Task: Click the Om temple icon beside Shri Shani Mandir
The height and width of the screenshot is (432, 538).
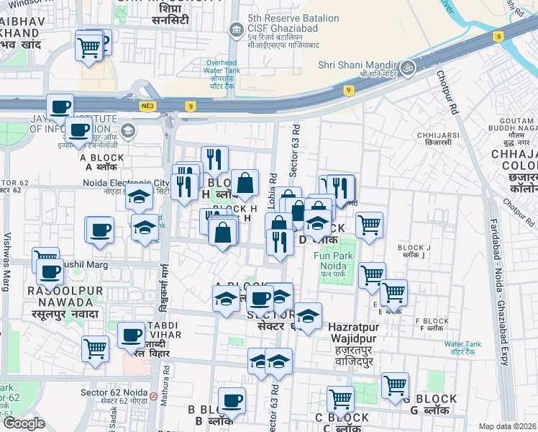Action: pyautogui.click(x=408, y=68)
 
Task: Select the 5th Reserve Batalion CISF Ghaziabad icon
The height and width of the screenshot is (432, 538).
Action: pyautogui.click(x=236, y=30)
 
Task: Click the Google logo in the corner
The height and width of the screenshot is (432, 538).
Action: pyautogui.click(x=24, y=423)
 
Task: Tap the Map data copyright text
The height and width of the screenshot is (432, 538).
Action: pyautogui.click(x=507, y=426)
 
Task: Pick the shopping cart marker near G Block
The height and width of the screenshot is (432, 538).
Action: pyautogui.click(x=395, y=385)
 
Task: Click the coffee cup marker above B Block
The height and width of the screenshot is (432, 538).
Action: pyautogui.click(x=231, y=400)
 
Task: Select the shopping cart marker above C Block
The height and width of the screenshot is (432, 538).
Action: pyautogui.click(x=340, y=398)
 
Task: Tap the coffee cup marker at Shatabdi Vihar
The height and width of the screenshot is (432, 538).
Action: pyautogui.click(x=131, y=335)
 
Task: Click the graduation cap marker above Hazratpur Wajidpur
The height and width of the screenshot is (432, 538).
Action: pyautogui.click(x=308, y=316)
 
